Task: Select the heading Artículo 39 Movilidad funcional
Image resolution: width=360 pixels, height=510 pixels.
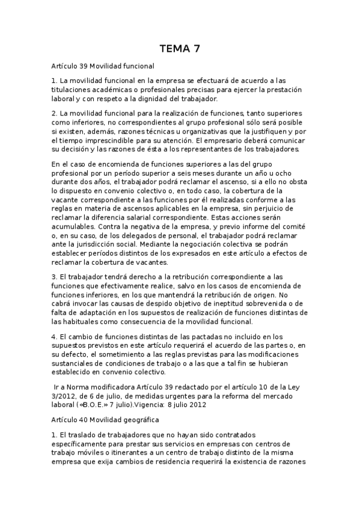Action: tap(103, 66)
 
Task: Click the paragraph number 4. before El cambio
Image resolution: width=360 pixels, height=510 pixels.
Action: tap(55, 338)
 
